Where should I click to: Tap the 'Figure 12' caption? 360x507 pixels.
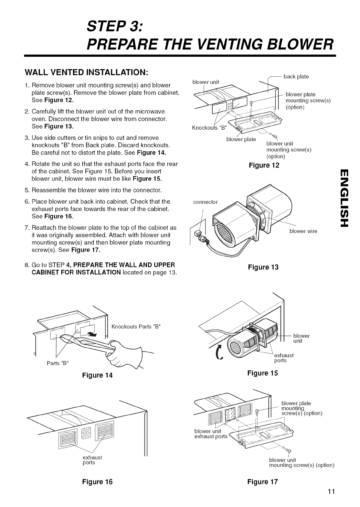click(x=264, y=165)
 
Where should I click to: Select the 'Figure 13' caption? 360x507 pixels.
click(x=264, y=267)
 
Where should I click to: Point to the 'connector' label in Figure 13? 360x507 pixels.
click(x=205, y=202)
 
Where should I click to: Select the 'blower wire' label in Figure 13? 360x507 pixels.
click(x=303, y=231)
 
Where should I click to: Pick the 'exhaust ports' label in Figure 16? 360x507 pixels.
click(x=93, y=460)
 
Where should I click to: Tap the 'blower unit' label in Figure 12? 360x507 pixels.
click(x=205, y=82)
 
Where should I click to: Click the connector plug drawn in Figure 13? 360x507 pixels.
click(x=199, y=235)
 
